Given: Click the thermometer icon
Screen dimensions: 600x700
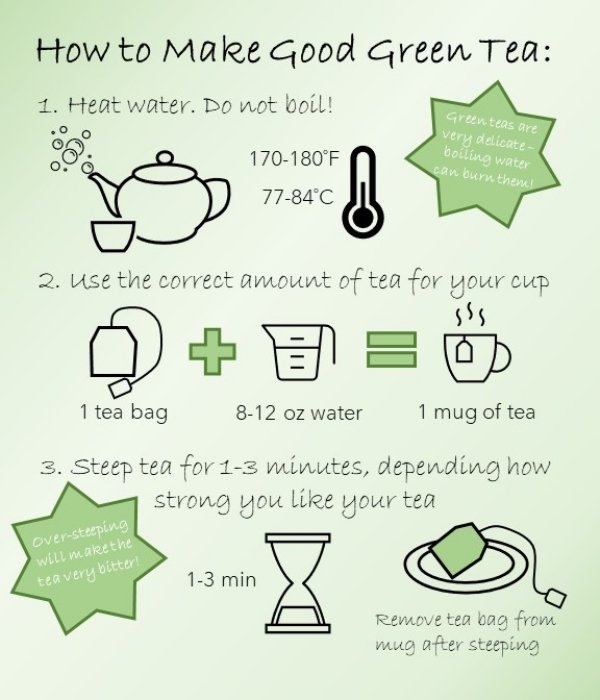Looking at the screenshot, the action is point(363,192).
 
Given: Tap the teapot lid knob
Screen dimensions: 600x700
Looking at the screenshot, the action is point(165,158).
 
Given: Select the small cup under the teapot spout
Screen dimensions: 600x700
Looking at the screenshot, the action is point(113,235).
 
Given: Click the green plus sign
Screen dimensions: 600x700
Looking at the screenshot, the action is point(212,351).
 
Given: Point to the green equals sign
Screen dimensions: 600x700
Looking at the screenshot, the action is point(392,350).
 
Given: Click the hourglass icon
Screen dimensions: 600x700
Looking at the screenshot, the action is point(298,583).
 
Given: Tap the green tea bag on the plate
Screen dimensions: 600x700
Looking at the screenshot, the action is point(458,550).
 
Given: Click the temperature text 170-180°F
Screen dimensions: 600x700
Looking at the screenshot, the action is point(294,158).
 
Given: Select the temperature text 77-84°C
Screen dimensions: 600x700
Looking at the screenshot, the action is point(298,196).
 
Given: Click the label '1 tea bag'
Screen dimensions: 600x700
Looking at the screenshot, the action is point(124,412).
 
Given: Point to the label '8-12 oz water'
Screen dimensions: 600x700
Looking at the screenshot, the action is point(299,413).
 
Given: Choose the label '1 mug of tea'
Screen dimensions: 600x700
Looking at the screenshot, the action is point(476,412).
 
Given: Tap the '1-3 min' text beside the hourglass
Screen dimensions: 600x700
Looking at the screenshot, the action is point(221,580).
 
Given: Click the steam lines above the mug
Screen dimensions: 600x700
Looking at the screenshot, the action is point(470,314).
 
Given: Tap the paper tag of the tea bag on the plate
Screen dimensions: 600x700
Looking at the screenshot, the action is point(555,597).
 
